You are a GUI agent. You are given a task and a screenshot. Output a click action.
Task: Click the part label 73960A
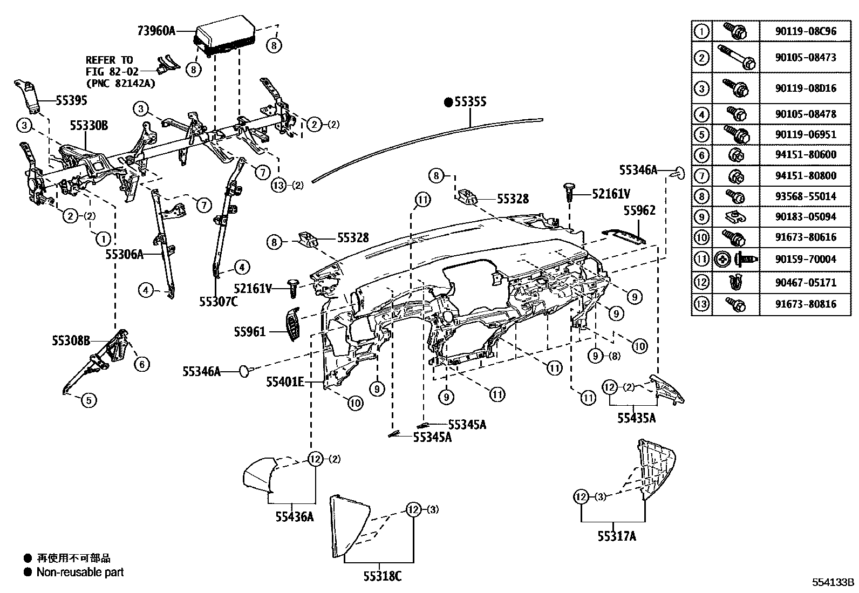(156, 31)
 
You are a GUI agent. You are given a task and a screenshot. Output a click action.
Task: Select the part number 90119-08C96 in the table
(806, 31)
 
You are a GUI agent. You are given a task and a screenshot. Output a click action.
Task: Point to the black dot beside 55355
(448, 101)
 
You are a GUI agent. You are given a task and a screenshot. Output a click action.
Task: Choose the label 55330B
(88, 126)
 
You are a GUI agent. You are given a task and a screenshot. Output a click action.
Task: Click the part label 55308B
(71, 340)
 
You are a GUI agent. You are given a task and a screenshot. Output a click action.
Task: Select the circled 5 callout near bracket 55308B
(89, 400)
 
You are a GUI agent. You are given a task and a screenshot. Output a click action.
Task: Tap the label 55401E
(284, 382)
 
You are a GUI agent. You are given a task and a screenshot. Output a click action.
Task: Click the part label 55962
(639, 210)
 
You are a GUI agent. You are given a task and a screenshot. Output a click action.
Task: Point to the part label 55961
(250, 331)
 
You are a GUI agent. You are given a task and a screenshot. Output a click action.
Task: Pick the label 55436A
(295, 516)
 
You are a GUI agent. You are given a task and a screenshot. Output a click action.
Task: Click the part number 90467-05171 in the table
(806, 282)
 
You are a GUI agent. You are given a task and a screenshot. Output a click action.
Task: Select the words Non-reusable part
(80, 572)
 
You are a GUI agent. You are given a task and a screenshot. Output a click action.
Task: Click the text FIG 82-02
(112, 71)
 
